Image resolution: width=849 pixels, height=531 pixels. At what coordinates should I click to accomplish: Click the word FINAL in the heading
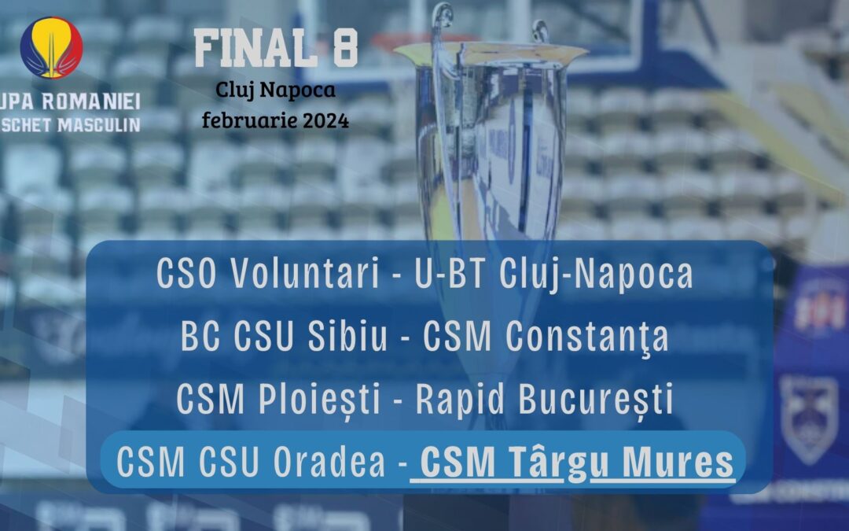[x=247, y=49]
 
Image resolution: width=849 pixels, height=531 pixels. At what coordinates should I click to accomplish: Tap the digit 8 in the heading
[x=344, y=49]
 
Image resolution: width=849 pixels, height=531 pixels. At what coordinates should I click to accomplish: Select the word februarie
[x=250, y=122]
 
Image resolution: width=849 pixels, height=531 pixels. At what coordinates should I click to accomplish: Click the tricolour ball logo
[x=51, y=47]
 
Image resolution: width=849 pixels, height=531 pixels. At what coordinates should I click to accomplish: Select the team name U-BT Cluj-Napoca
[x=553, y=275]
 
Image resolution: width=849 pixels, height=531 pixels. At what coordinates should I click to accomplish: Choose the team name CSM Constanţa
[x=546, y=337]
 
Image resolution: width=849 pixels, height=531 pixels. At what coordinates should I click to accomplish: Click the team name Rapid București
[x=544, y=400]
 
